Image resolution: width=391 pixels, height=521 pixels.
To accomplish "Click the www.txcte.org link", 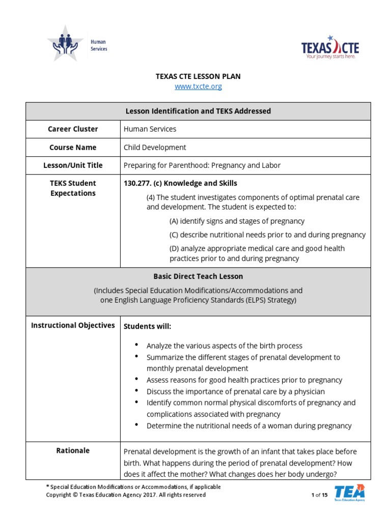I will click(x=198, y=86).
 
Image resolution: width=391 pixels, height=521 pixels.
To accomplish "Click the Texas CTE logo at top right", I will click(x=330, y=48).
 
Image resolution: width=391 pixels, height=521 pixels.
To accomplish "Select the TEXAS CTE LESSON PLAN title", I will click(x=198, y=76).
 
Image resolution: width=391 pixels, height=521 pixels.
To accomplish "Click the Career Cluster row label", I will click(x=73, y=129).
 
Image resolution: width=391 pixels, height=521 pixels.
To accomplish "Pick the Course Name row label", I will click(x=73, y=148).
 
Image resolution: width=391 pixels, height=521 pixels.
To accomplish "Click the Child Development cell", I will click(x=155, y=148).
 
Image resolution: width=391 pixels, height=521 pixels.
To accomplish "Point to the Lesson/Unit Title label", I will click(x=73, y=165).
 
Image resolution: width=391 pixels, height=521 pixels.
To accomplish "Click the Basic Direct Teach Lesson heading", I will click(x=198, y=276).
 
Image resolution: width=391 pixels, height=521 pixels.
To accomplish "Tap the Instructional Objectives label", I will click(x=73, y=325).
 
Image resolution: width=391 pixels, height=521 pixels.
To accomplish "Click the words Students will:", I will click(x=148, y=326).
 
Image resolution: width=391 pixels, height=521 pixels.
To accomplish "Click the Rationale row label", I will click(x=73, y=450).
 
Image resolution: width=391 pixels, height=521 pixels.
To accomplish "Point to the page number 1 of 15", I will click(x=319, y=495).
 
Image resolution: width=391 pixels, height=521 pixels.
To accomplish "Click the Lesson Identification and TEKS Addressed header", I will click(x=198, y=111).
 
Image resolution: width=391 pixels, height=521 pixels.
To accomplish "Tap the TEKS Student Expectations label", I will click(x=73, y=188).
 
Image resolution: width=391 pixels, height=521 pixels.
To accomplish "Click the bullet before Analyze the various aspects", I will click(x=136, y=345).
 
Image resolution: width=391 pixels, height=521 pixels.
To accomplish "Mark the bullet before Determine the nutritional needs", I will click(x=136, y=425).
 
